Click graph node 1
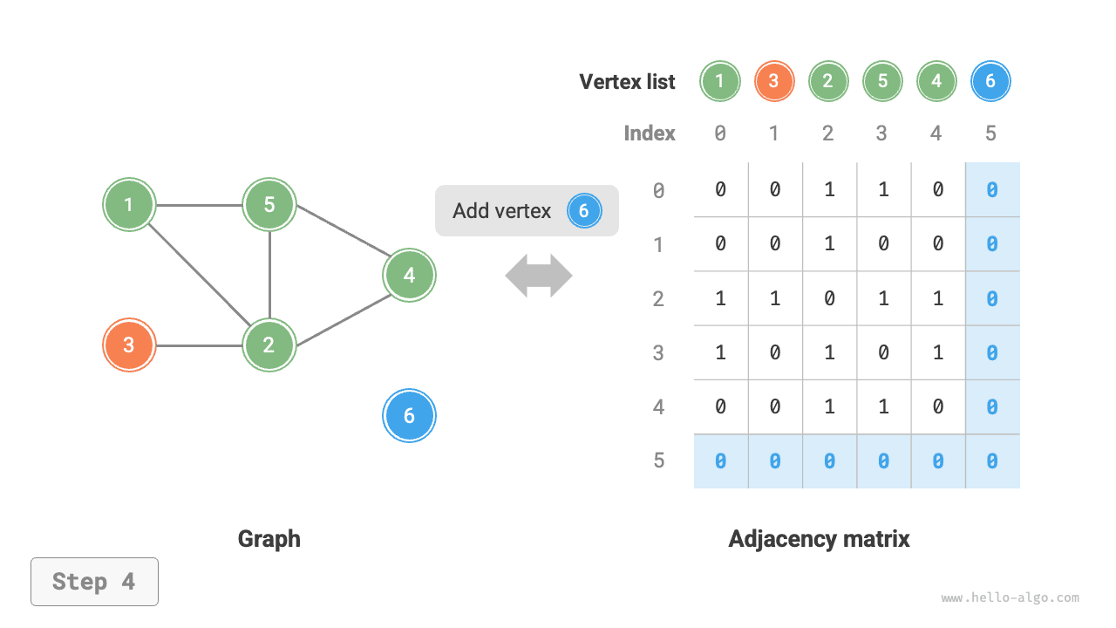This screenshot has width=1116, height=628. (x=129, y=205)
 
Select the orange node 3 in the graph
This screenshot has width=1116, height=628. (x=129, y=345)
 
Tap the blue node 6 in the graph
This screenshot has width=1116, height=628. (x=409, y=416)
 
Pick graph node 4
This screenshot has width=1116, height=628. (x=409, y=276)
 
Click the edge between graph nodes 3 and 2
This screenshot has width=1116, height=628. (x=199, y=345)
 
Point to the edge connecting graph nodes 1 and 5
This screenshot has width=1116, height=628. (x=199, y=206)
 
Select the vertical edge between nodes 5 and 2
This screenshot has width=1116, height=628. (x=269, y=275)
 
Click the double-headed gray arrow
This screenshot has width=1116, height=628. (x=539, y=276)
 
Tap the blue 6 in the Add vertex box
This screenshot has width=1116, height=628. (x=584, y=211)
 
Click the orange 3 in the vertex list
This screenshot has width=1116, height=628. (x=774, y=82)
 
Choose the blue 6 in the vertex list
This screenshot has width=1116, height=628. (x=990, y=82)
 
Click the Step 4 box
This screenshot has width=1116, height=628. (x=94, y=582)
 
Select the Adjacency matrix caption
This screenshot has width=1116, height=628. (x=819, y=539)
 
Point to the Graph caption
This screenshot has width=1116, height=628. (x=269, y=539)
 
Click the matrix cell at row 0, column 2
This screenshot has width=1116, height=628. (x=828, y=189)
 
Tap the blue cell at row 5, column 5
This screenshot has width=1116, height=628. (x=992, y=461)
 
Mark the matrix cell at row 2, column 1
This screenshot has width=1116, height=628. (x=774, y=298)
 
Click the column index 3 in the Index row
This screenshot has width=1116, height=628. (x=881, y=133)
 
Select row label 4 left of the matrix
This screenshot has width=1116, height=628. (x=659, y=406)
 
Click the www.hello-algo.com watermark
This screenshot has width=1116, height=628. (x=1010, y=598)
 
